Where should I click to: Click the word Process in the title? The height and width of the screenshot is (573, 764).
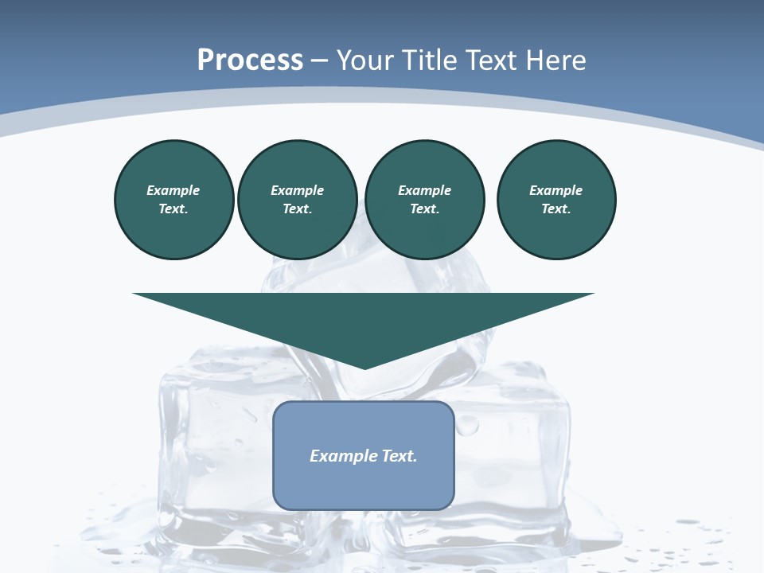(x=250, y=60)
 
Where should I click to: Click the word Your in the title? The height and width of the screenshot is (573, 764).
(x=366, y=60)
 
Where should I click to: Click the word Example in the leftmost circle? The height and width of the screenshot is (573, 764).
(x=173, y=191)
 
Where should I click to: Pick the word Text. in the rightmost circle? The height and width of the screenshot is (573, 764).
(x=556, y=209)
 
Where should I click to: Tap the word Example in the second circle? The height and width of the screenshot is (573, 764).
(x=297, y=191)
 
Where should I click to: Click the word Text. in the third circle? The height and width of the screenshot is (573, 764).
(x=424, y=209)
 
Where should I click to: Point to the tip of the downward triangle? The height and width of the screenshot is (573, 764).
(x=364, y=366)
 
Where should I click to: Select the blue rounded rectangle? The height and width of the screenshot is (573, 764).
(x=364, y=485)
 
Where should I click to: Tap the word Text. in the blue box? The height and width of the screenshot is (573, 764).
(x=400, y=456)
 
